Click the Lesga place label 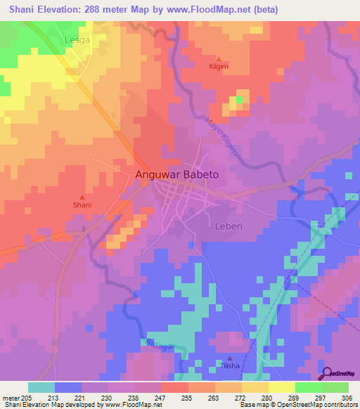pos(77,41)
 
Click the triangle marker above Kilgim pos(219,58)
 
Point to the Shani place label pos(82,205)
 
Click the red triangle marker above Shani pos(82,197)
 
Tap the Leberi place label pos(229,226)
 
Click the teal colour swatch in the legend pos(41,387)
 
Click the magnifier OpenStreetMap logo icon pos(326,372)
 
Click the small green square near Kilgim pos(239,100)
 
